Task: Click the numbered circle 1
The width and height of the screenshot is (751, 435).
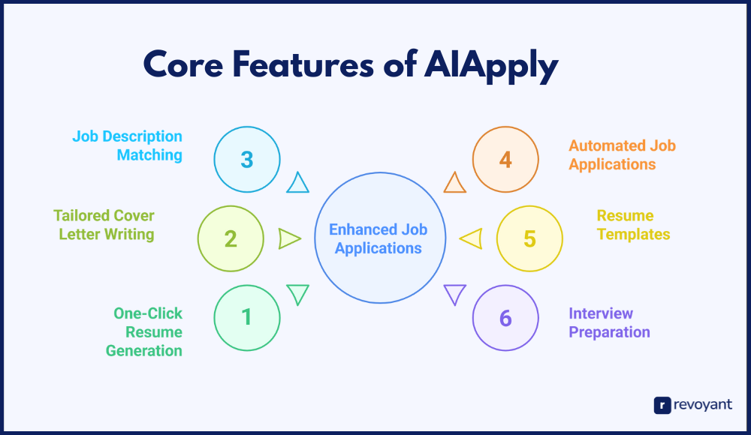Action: pyautogui.click(x=247, y=317)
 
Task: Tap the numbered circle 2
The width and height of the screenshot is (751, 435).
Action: pyautogui.click(x=231, y=238)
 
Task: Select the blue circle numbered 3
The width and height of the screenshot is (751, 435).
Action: pyautogui.click(x=247, y=159)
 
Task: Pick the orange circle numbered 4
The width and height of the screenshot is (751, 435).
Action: pyautogui.click(x=505, y=159)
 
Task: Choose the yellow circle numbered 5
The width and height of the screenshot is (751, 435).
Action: pyautogui.click(x=529, y=238)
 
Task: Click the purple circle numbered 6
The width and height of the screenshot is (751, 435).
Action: pyautogui.click(x=505, y=317)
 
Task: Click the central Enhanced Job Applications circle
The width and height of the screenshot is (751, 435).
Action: pyautogui.click(x=379, y=238)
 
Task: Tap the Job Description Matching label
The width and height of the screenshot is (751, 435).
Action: pyautogui.click(x=127, y=145)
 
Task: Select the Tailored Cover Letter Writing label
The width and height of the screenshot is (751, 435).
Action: pyautogui.click(x=104, y=225)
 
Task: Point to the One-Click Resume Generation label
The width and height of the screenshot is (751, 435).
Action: pyautogui.click(x=144, y=331)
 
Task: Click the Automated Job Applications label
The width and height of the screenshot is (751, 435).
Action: pyautogui.click(x=622, y=154)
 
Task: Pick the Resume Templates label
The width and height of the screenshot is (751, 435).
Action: pyautogui.click(x=633, y=225)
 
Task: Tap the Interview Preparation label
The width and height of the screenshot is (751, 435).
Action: pyautogui.click(x=609, y=322)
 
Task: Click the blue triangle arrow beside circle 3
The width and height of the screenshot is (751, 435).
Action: pyautogui.click(x=298, y=183)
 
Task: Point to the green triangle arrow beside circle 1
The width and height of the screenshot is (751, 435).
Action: pyautogui.click(x=298, y=293)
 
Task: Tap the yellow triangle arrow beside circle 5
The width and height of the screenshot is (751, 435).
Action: pyautogui.click(x=471, y=238)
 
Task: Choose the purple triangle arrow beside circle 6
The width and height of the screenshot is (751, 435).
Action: pyautogui.click(x=454, y=293)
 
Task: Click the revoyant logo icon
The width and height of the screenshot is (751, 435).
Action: pyautogui.click(x=662, y=405)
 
